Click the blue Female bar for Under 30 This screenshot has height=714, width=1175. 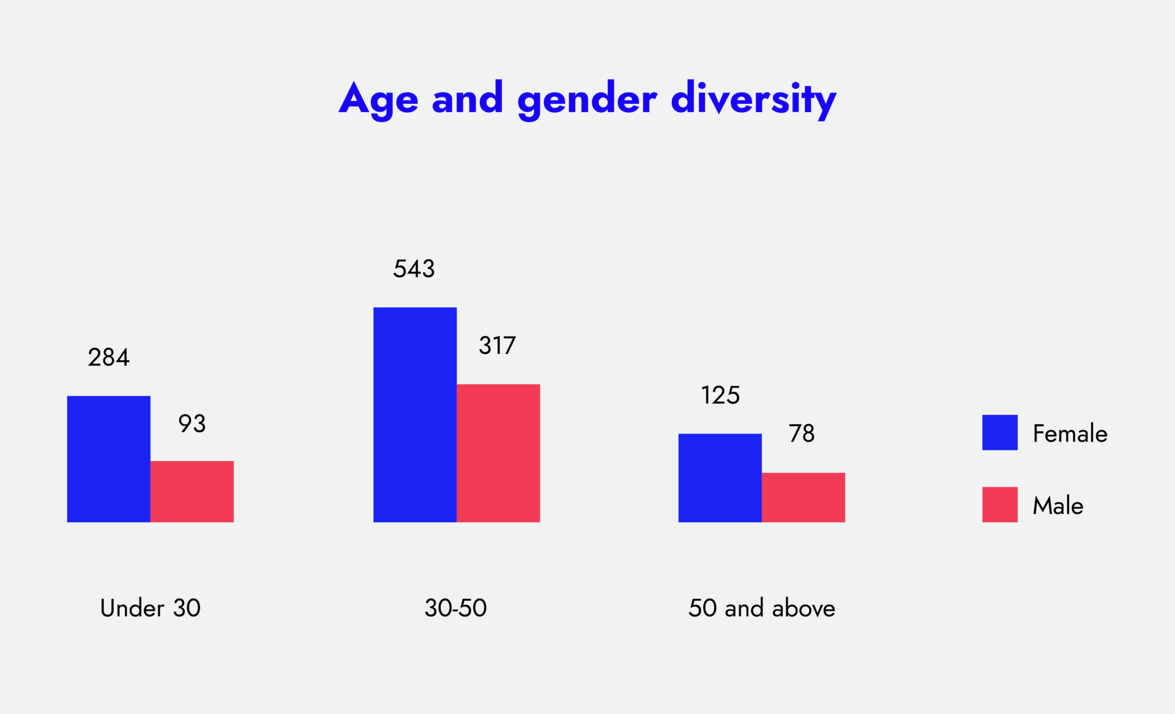pyautogui.click(x=108, y=459)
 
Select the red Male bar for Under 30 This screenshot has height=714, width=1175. pyautogui.click(x=192, y=491)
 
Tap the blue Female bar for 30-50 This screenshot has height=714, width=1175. pyautogui.click(x=415, y=415)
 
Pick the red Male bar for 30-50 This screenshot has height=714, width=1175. pyautogui.click(x=498, y=453)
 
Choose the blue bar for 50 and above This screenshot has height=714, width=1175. pyautogui.click(x=720, y=478)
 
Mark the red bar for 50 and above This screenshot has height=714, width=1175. pyautogui.click(x=803, y=497)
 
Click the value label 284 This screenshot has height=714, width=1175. pyautogui.click(x=108, y=358)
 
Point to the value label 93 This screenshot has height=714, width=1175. pyautogui.click(x=192, y=424)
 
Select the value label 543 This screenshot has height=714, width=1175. pyautogui.click(x=414, y=269)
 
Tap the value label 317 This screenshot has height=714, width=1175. pyautogui.click(x=497, y=346)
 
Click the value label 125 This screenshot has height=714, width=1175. pyautogui.click(x=720, y=396)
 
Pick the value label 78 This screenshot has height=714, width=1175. pyautogui.click(x=801, y=434)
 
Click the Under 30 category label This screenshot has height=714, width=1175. pyautogui.click(x=150, y=608)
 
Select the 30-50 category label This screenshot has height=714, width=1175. pyautogui.click(x=455, y=608)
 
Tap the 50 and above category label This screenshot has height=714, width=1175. pyautogui.click(x=761, y=608)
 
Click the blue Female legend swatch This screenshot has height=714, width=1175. pyautogui.click(x=999, y=432)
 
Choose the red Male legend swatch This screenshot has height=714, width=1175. pyautogui.click(x=999, y=505)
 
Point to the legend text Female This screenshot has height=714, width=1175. pyautogui.click(x=1070, y=434)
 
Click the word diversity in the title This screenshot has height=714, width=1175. pyautogui.click(x=753, y=99)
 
